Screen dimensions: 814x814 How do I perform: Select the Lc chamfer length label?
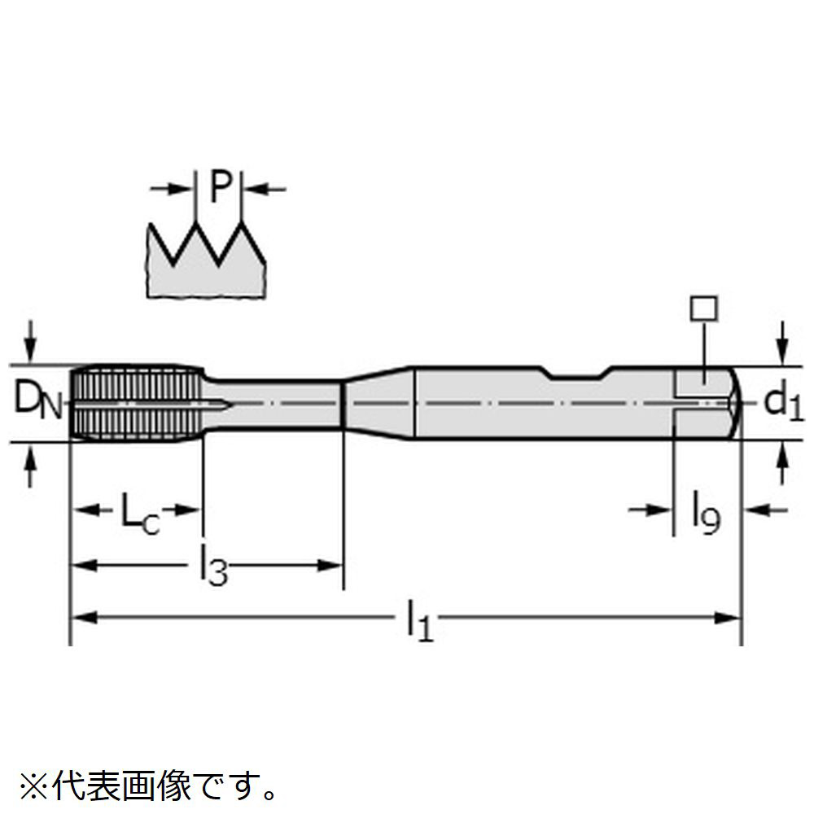point(140,513)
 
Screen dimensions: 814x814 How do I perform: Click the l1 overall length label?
point(418,619)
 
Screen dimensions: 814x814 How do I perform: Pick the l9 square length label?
point(706,513)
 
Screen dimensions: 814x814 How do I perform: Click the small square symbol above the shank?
point(703,309)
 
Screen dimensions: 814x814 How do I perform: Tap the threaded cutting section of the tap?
point(137,403)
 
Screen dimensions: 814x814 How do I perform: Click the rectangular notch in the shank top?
point(576,373)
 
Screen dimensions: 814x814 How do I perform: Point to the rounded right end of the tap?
point(734,403)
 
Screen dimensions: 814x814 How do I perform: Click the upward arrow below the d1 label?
point(782,465)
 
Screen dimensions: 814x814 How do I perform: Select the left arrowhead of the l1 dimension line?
point(83,618)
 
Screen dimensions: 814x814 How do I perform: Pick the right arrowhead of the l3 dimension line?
point(330,565)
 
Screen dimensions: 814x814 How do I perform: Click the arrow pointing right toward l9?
point(650,510)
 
